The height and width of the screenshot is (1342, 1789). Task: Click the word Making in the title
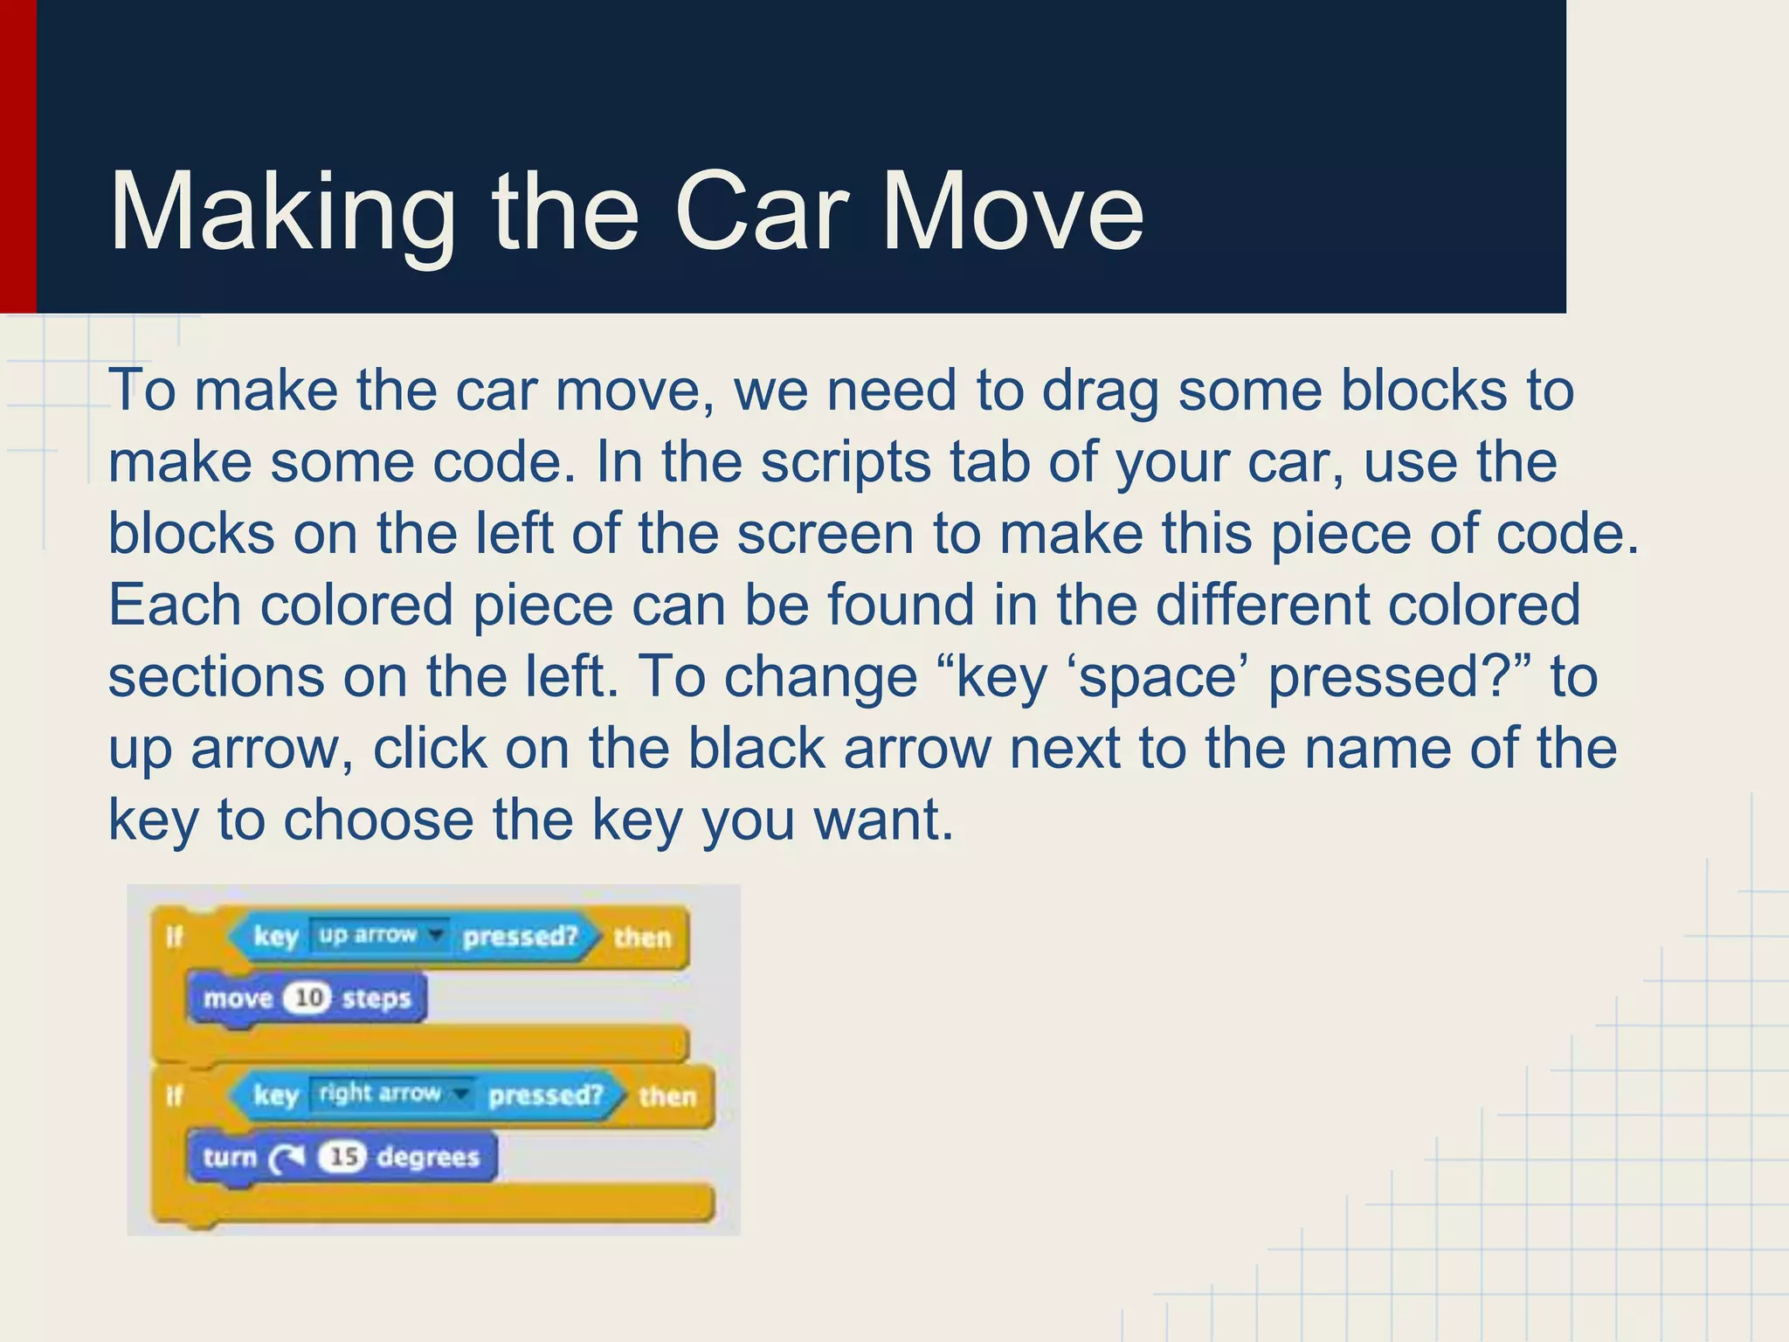coord(281,212)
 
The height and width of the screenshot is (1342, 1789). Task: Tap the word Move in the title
coord(1012,212)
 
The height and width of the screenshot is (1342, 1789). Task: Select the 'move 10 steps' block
coord(306,998)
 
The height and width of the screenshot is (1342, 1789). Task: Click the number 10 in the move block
coord(308,998)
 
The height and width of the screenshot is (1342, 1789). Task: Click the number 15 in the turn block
coord(342,1157)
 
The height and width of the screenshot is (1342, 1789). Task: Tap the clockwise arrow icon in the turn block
coord(286,1158)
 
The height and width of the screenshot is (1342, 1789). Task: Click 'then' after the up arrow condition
coord(642,937)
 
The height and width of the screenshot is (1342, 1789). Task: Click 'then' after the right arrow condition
coord(667,1096)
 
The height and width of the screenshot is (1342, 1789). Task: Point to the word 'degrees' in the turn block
coord(428,1157)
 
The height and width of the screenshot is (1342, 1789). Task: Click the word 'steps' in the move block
coord(376,998)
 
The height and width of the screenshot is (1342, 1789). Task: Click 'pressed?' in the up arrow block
coord(521,937)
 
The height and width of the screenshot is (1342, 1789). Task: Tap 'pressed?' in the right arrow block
coord(546,1096)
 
